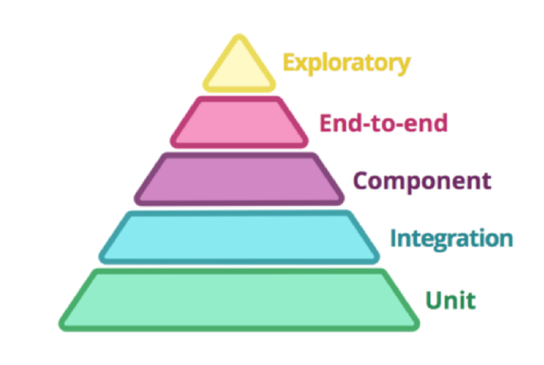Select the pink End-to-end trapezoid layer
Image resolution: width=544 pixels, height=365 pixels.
(x=239, y=122)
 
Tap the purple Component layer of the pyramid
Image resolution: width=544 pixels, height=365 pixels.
(x=239, y=179)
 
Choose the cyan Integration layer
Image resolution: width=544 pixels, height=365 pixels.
(x=239, y=237)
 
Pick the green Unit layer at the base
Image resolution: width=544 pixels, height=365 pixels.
(x=239, y=300)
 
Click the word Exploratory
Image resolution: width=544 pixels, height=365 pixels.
(x=347, y=63)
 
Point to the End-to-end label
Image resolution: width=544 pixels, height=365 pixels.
(x=383, y=124)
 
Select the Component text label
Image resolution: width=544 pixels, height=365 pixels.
(x=422, y=181)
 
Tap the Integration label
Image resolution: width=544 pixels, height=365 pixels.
(x=452, y=239)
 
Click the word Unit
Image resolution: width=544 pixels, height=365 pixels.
(x=451, y=300)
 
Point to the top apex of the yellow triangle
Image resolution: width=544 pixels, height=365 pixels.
(x=239, y=35)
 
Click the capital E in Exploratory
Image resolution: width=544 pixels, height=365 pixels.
(x=290, y=63)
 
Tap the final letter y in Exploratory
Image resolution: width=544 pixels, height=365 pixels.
(x=404, y=66)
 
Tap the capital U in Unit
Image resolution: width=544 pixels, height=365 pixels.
(x=434, y=300)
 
